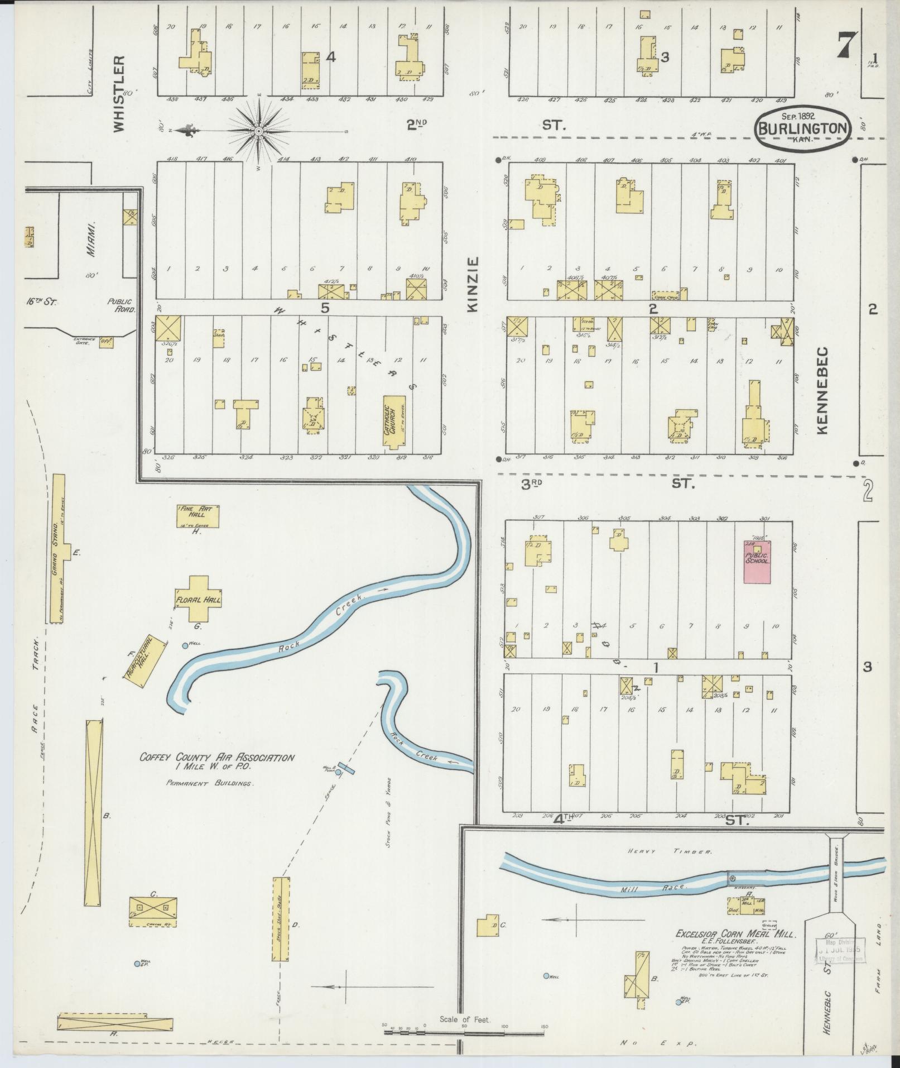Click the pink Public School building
pos(757,562)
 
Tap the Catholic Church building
pos(394,422)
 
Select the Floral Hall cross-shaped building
pos(199,600)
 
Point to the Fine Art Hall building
pos(198,516)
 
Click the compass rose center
pos(259,131)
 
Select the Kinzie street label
pos(473,284)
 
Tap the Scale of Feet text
pos(464,1019)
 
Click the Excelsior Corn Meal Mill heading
pos(735,933)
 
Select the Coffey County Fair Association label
pos(216,758)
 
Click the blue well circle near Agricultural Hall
pos(185,645)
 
